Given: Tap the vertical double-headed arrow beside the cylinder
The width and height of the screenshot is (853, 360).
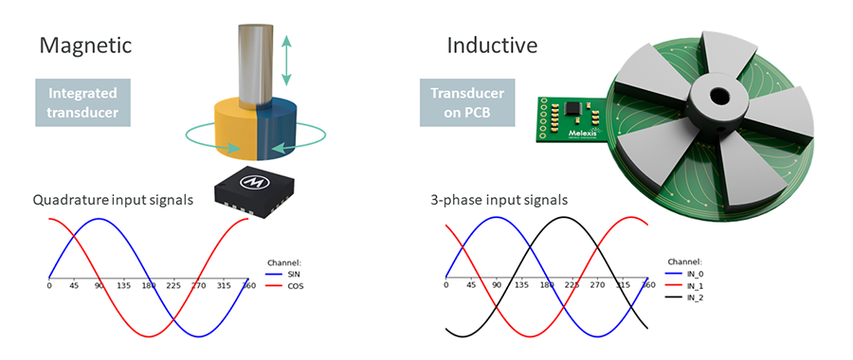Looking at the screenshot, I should coord(287,60).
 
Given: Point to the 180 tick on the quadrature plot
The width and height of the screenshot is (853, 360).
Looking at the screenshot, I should coord(148,286).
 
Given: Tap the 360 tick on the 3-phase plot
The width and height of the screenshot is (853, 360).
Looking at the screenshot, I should coord(648,285).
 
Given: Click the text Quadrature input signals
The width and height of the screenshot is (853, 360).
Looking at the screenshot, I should coord(114,200).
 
